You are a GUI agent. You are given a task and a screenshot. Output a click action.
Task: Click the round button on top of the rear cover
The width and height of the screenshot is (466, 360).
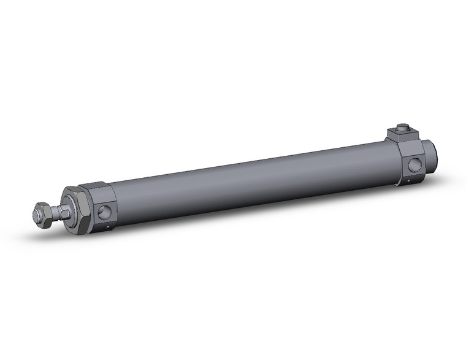(x=402, y=128)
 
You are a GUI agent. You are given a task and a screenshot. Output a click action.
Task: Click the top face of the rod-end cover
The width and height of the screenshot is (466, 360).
(x=96, y=188)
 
